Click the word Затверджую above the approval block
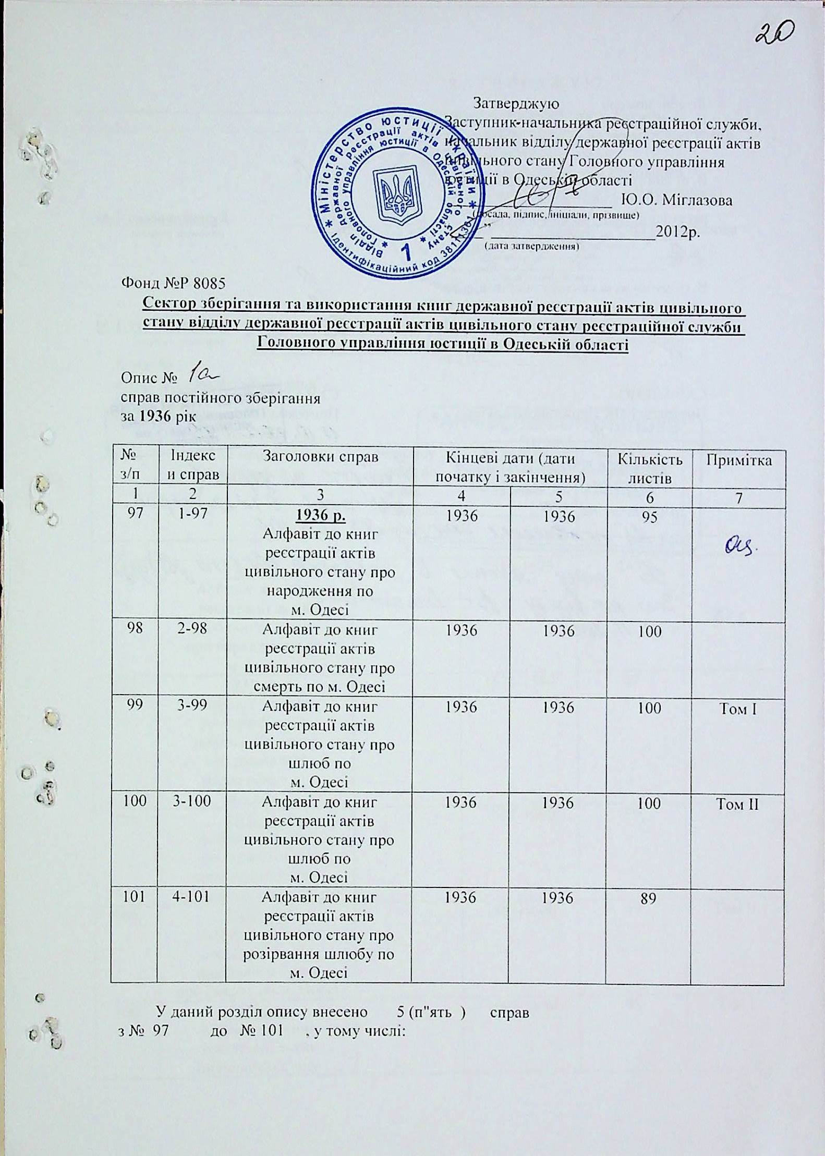pyautogui.click(x=516, y=103)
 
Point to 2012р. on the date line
pyautogui.click(x=677, y=232)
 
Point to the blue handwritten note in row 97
pyautogui.click(x=742, y=546)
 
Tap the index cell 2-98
pyautogui.click(x=192, y=629)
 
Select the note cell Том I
pyautogui.click(x=739, y=708)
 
